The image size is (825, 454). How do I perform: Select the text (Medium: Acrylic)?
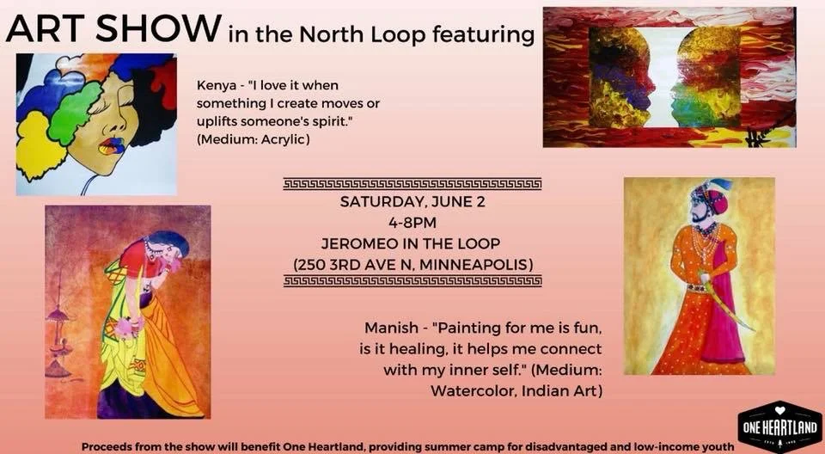click(x=254, y=138)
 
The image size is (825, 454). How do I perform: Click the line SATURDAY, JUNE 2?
click(x=412, y=204)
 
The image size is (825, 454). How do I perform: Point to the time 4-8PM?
click(x=412, y=224)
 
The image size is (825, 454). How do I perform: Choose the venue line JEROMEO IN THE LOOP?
click(x=412, y=242)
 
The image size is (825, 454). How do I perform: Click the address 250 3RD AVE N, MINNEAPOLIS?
click(x=412, y=262)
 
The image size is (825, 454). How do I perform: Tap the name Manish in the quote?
click(x=388, y=328)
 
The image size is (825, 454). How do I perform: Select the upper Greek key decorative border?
click(x=412, y=183)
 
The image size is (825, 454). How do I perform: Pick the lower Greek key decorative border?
click(x=412, y=281)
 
